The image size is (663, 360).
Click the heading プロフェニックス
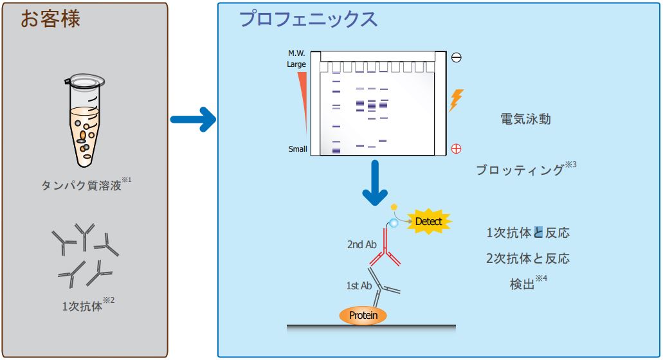coord(308,19)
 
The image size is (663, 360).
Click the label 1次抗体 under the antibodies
coord(82,306)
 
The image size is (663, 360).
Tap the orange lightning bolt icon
coord(456,100)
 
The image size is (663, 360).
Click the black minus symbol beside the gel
coord(457,57)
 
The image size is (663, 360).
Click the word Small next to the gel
coord(298,149)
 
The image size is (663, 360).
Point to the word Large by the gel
coord(296,64)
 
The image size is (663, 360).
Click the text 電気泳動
coord(525,120)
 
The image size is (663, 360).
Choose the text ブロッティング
coord(520,170)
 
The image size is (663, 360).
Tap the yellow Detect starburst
coord(429,222)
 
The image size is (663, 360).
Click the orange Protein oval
coord(363,315)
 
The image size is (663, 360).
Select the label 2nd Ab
coord(361,244)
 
